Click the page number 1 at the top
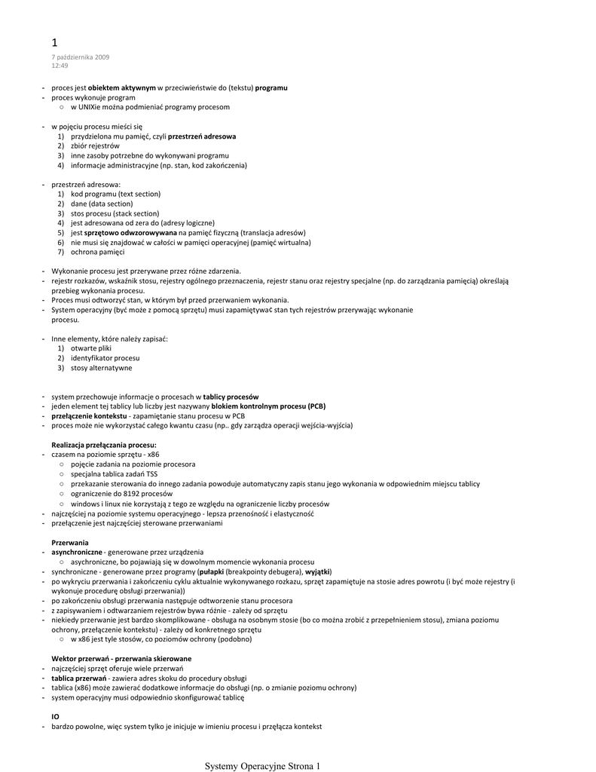pos(54,42)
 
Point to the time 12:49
pos(59,66)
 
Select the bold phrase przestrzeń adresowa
pos(202,136)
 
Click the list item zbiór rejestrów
pos(95,146)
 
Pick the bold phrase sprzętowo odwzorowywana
pos(124,233)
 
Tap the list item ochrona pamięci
pos(98,252)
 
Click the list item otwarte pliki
pos(91,348)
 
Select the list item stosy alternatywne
pos(101,368)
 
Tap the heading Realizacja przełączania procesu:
pos(103,445)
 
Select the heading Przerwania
pos(70,543)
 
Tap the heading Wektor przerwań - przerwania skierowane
pos(121,659)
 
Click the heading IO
pos(55,717)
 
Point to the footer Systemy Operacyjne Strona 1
pos(262,766)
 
